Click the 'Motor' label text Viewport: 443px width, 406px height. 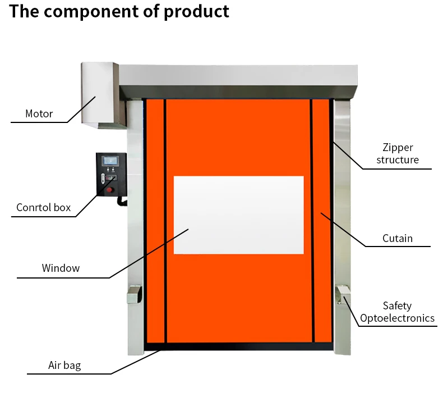39,114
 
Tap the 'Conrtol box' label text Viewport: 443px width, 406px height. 44,208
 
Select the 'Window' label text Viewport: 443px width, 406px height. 61,268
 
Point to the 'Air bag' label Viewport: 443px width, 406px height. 64,366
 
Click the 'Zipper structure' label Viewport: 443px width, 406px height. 397,154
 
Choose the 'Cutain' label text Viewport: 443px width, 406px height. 397,239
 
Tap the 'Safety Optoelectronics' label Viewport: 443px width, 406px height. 397,312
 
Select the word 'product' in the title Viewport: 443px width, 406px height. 196,11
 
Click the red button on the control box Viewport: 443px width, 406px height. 110,189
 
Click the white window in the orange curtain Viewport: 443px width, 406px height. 238,215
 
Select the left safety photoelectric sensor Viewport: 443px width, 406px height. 134,295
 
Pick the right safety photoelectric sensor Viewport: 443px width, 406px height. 342,294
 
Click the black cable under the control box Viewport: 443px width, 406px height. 119,202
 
